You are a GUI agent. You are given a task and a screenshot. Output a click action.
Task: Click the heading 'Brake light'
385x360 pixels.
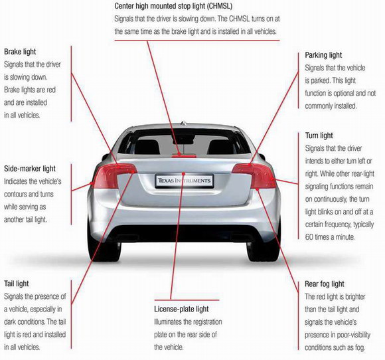click(x=20, y=52)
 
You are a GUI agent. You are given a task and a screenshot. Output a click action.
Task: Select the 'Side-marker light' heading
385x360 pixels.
click(x=30, y=169)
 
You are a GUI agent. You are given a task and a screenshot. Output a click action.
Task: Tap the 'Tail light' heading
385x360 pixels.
click(x=17, y=284)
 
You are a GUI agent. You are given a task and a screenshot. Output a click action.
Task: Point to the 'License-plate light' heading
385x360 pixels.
click(x=181, y=309)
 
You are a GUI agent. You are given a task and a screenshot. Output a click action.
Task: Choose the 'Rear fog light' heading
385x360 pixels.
click(x=325, y=284)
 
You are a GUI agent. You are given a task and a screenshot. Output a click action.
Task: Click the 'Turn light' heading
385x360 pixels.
click(x=319, y=135)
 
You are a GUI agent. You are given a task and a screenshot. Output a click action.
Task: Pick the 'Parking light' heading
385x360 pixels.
click(x=323, y=55)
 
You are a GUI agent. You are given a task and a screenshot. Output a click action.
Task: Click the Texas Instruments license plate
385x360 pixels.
click(x=184, y=181)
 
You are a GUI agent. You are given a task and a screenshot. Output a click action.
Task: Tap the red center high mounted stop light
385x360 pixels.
click(x=184, y=156)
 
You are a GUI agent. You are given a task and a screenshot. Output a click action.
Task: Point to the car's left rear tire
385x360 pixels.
click(x=104, y=248)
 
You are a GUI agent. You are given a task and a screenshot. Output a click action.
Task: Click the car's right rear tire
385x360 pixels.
click(x=264, y=248)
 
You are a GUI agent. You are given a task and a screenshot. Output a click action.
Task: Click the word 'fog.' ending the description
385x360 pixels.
click(x=360, y=348)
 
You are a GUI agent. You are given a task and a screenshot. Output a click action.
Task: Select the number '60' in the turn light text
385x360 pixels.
click(x=309, y=237)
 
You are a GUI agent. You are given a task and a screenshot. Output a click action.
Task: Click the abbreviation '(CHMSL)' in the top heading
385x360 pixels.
click(x=219, y=6)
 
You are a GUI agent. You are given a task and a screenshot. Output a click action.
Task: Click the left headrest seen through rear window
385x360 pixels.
click(x=147, y=147)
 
